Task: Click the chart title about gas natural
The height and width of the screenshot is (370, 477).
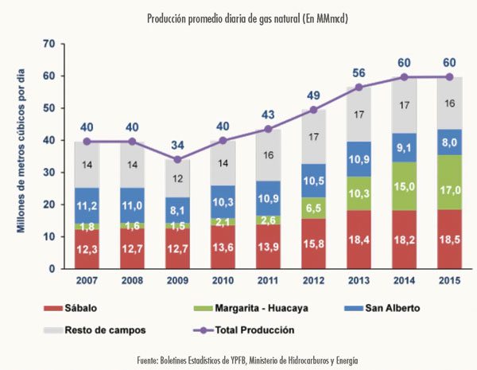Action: click(x=238, y=18)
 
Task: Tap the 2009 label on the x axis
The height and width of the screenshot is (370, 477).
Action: click(x=178, y=281)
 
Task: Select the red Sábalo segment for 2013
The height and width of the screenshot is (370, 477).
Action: click(x=360, y=240)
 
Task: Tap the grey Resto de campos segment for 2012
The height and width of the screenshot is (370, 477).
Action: click(x=315, y=137)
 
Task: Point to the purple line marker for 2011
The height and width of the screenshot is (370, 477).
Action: click(x=270, y=129)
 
